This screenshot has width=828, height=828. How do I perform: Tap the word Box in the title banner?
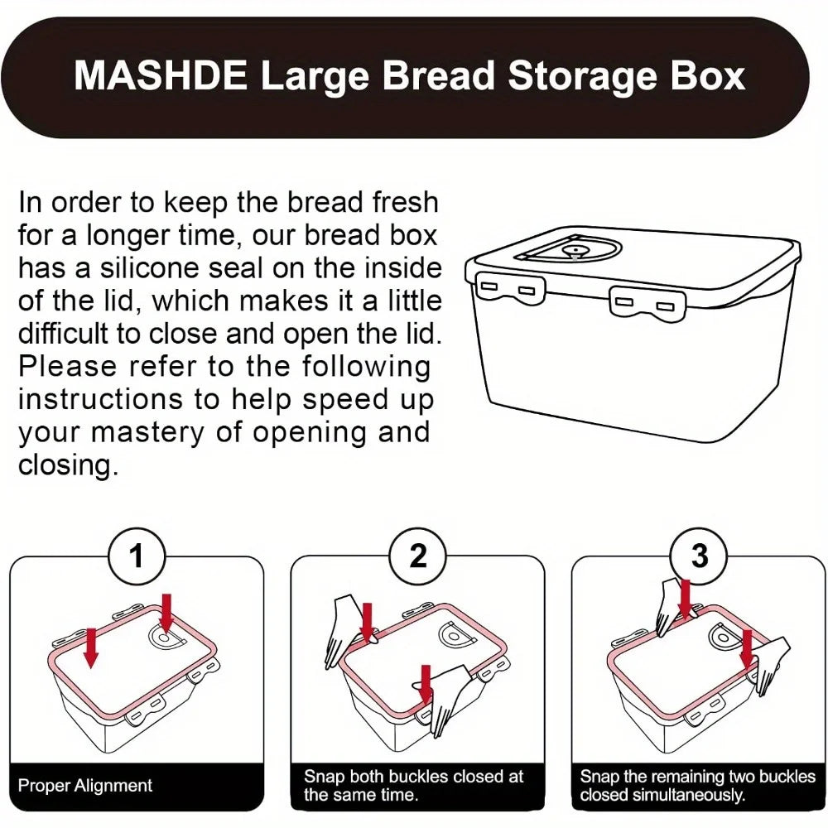tap(704, 76)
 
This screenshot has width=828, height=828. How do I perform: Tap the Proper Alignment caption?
tap(85, 785)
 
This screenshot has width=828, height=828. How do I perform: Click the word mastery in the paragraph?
tap(132, 431)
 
